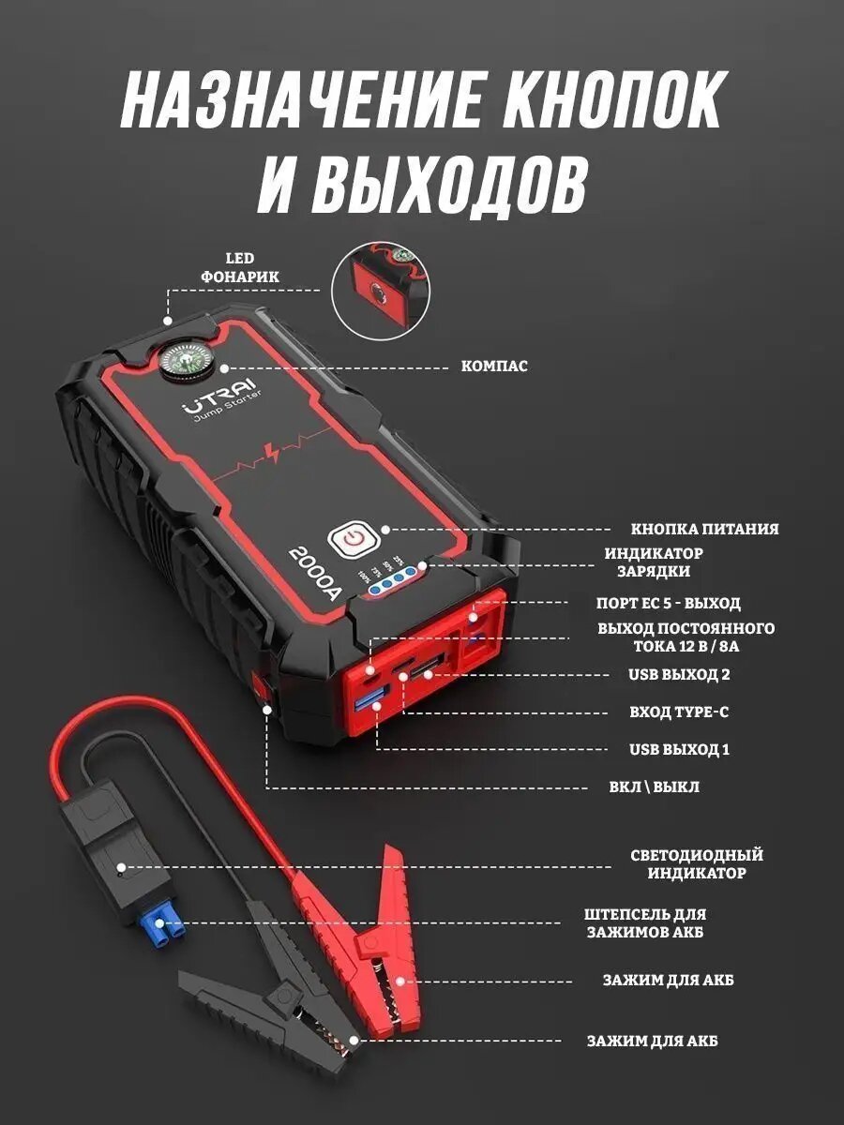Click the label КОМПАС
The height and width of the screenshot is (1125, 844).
pos(494,366)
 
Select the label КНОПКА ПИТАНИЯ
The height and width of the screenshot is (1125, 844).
pos(704,529)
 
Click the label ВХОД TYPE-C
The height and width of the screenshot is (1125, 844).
pos(679,712)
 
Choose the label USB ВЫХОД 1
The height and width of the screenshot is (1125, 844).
pos(679,749)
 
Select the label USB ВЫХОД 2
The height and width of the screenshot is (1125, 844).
pos(679,674)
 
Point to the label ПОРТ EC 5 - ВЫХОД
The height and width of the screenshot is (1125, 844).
pos(682,603)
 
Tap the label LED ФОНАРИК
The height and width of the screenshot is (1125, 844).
pos(239,267)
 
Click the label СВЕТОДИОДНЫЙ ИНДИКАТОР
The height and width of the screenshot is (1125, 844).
pos(697,863)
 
